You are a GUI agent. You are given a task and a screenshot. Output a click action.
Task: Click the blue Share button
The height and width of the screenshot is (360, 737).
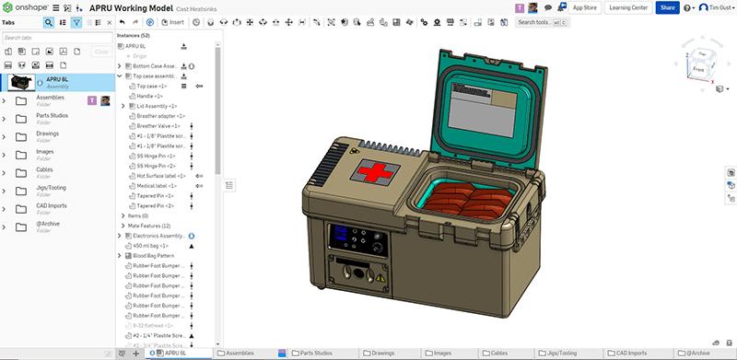click(668, 7)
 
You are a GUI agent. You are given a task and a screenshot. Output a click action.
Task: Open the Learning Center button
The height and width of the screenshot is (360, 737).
click(626, 7)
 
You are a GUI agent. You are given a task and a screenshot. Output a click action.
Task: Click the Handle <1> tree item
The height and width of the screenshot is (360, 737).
click(151, 96)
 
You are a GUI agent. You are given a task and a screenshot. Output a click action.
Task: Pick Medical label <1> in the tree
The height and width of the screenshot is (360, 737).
click(158, 185)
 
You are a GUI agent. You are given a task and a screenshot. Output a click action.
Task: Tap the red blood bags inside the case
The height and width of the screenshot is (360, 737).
click(467, 198)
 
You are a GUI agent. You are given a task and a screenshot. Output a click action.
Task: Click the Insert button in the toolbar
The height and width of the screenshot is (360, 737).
click(171, 21)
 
